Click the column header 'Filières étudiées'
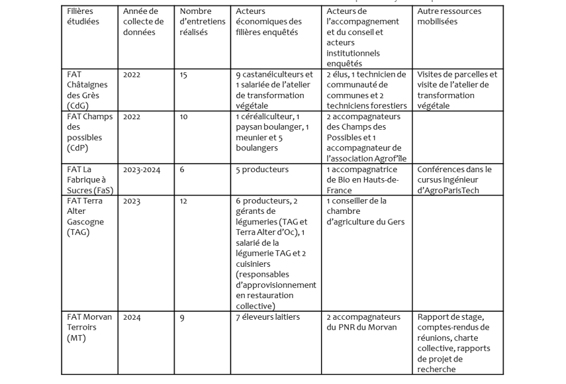click(x=80, y=17)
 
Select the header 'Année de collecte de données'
click(x=140, y=22)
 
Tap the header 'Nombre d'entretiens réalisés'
click(x=202, y=22)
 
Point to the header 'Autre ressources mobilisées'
click(x=449, y=17)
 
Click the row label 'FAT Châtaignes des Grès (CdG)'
click(x=87, y=90)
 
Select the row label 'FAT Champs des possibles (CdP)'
click(x=89, y=132)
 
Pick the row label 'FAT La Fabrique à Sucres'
click(x=89, y=180)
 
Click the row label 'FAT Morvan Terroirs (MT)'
click(x=89, y=328)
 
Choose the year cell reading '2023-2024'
click(x=141, y=170)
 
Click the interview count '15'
click(x=183, y=75)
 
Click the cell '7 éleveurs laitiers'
click(x=267, y=317)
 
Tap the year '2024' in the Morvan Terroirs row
click(x=132, y=318)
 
